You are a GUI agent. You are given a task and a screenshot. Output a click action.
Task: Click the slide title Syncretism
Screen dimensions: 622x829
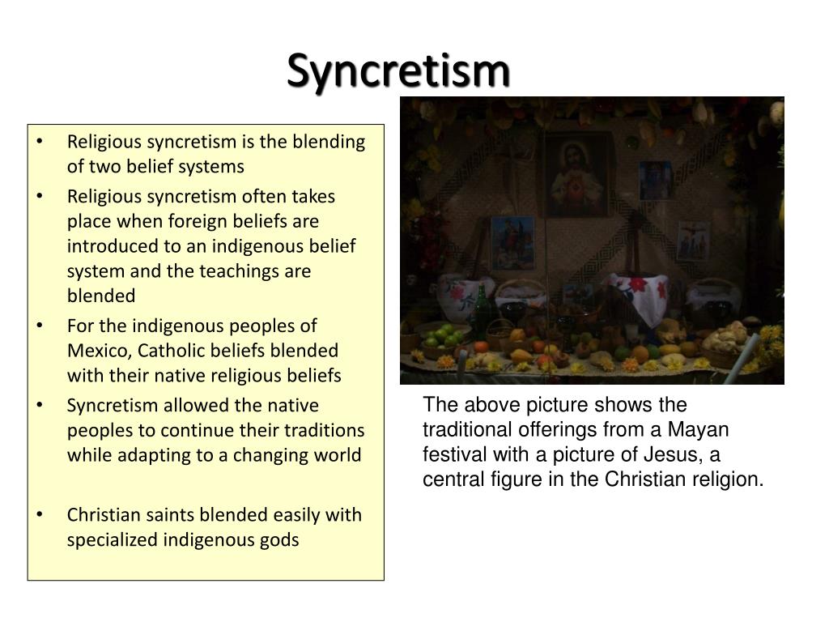click(x=399, y=71)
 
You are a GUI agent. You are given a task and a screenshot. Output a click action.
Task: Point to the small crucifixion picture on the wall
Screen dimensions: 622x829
click(x=692, y=239)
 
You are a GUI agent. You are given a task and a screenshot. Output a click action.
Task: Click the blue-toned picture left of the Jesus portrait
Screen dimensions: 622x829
click(x=512, y=243)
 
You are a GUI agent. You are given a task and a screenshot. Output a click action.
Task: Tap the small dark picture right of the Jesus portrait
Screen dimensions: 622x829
click(x=655, y=181)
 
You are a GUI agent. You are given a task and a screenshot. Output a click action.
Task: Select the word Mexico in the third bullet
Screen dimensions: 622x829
click(x=99, y=351)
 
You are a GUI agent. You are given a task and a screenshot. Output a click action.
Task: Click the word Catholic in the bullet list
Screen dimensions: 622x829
click(x=169, y=351)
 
